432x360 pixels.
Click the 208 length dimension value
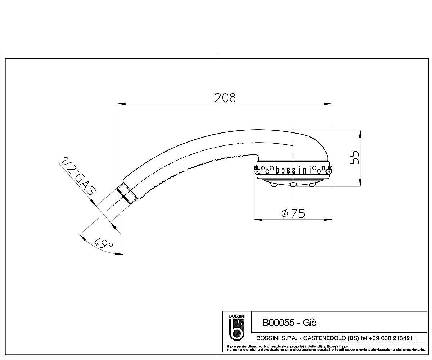coord(225,98)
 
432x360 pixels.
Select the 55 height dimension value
coord(354,157)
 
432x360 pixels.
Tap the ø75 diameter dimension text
coord(293,213)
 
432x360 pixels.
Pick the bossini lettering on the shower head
coord(294,170)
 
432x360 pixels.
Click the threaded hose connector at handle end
coord(127,193)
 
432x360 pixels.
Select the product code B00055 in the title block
coord(278,323)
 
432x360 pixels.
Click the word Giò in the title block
coord(310,323)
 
